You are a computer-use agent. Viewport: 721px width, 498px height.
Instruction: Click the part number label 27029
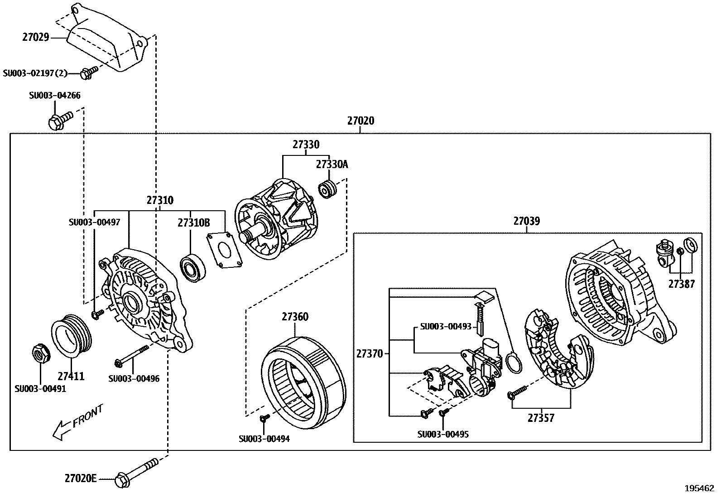pyautogui.click(x=35, y=38)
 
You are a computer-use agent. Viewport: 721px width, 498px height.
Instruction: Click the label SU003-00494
pyautogui.click(x=264, y=439)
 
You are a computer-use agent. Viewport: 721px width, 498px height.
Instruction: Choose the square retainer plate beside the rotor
pyautogui.click(x=222, y=250)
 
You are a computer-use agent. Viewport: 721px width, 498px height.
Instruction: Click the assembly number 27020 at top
pyautogui.click(x=360, y=121)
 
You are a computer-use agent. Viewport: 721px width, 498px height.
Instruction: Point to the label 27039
pyautogui.click(x=526, y=221)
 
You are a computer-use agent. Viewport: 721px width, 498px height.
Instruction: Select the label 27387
pyautogui.click(x=681, y=285)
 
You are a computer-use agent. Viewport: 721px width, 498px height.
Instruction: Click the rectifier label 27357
pyautogui.click(x=541, y=418)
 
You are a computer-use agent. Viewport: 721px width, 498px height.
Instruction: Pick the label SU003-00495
pyautogui.click(x=443, y=434)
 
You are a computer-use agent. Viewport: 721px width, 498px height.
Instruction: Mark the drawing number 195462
pyautogui.click(x=698, y=489)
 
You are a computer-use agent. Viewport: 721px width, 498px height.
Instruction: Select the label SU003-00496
pyautogui.click(x=134, y=379)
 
